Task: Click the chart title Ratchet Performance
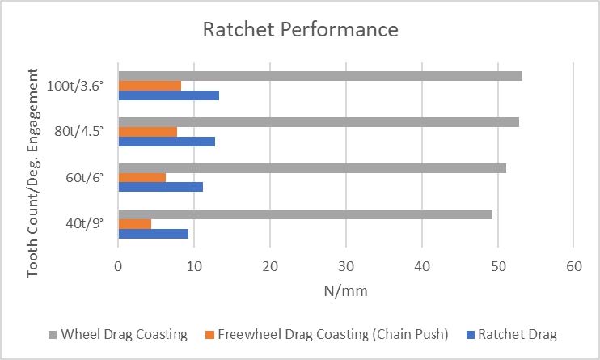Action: pyautogui.click(x=300, y=29)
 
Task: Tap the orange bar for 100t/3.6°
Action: pyautogui.click(x=150, y=86)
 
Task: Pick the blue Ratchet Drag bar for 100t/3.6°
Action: pyautogui.click(x=168, y=95)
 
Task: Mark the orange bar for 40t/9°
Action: pyautogui.click(x=134, y=223)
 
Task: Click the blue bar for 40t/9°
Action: pyautogui.click(x=153, y=233)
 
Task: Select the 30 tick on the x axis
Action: pyautogui.click(x=346, y=265)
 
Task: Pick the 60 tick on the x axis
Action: pyautogui.click(x=573, y=265)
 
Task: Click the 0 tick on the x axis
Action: pyautogui.click(x=118, y=265)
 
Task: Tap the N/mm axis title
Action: pyautogui.click(x=345, y=289)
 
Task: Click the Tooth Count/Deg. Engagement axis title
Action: pyautogui.click(x=34, y=173)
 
